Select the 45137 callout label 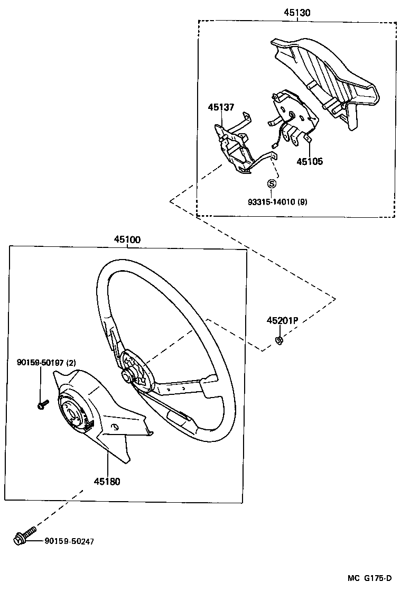click(221, 107)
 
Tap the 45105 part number click(309, 161)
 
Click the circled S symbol click(272, 184)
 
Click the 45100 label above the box click(127, 239)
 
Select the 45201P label click(282, 321)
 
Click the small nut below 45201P click(279, 339)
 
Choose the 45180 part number click(107, 482)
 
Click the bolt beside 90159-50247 click(23, 535)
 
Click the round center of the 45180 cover click(71, 411)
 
